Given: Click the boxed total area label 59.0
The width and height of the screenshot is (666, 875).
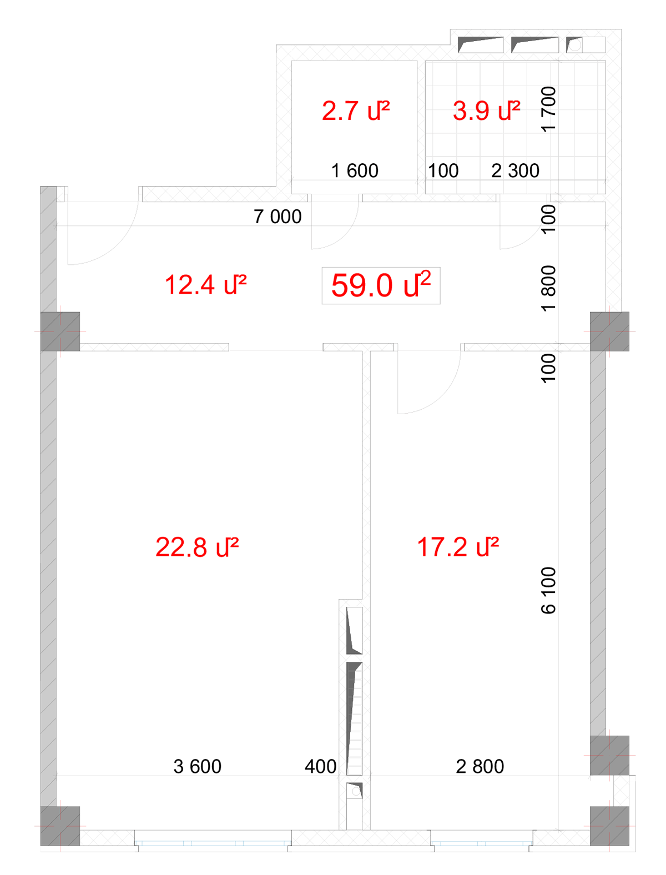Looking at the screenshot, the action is pos(381,285).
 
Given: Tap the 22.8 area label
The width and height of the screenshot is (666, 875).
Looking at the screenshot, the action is pos(197,547).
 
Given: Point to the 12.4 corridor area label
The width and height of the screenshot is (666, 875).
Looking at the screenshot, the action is pos(205,285).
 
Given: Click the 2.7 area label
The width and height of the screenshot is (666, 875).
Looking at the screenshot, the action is pos(356,110).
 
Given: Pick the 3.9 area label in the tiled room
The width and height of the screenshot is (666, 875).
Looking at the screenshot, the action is pos(486,110).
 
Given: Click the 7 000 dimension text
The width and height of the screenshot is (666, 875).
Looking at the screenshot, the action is pos(277,217).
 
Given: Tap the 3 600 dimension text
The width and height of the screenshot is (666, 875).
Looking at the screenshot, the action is pos(197,766).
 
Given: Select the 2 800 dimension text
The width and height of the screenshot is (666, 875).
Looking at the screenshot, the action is pos(480,766).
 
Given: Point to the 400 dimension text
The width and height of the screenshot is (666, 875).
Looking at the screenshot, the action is pos(321,766).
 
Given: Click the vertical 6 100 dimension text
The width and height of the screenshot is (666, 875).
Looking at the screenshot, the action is pos(548,590).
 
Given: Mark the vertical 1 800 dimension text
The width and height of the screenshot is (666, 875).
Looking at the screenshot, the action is pos(548,288).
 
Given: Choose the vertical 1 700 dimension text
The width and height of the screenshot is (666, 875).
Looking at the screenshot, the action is pos(548,109).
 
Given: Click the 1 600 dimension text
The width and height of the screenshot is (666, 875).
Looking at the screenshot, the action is pos(355,170).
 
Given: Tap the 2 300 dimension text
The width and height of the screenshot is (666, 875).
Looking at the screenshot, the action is pos(515,170).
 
